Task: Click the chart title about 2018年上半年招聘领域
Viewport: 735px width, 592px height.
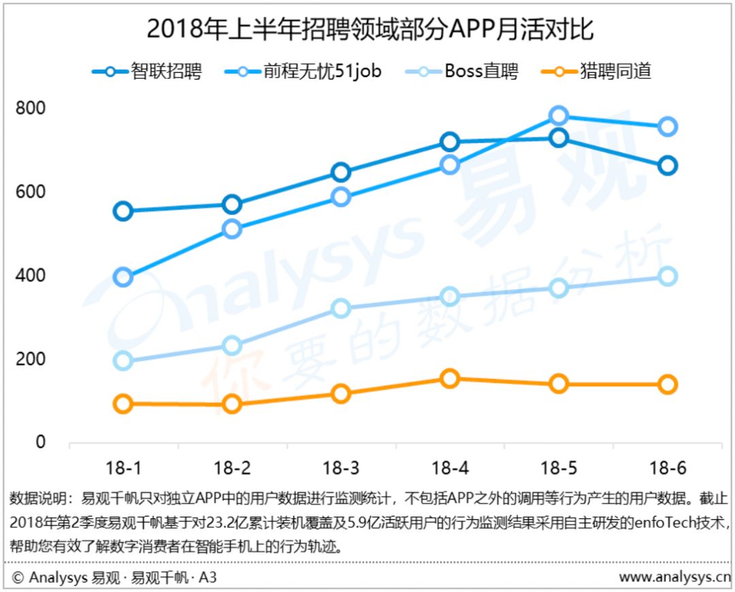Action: pyautogui.click(x=370, y=29)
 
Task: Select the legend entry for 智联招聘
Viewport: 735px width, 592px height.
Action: pyautogui.click(x=147, y=71)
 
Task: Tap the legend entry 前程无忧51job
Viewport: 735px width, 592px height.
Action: pyautogui.click(x=304, y=71)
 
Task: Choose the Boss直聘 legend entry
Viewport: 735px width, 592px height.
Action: pyautogui.click(x=461, y=71)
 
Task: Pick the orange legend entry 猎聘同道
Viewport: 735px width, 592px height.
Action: pyautogui.click(x=596, y=71)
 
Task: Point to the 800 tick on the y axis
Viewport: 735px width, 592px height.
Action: pyautogui.click(x=31, y=108)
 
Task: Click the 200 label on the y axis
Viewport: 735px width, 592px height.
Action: pyautogui.click(x=31, y=359)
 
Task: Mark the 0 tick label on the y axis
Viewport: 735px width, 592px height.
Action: pyautogui.click(x=41, y=442)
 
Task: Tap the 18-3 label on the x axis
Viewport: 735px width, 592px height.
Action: pyautogui.click(x=341, y=467)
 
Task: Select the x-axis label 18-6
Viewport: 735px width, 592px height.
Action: pyautogui.click(x=668, y=467)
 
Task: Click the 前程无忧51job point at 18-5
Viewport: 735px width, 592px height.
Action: pyautogui.click(x=559, y=115)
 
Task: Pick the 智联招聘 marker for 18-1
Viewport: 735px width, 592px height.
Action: pyautogui.click(x=122, y=212)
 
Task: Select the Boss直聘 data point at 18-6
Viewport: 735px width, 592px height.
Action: pyautogui.click(x=668, y=276)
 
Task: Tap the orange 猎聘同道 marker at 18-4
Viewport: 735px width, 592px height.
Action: pyautogui.click(x=450, y=378)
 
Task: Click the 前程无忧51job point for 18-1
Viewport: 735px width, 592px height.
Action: pyautogui.click(x=122, y=277)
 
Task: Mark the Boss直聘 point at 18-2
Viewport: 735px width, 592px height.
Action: pyautogui.click(x=232, y=346)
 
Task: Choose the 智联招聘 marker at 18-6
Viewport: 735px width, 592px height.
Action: pyautogui.click(x=668, y=165)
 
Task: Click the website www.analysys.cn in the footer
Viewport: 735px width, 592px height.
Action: pyautogui.click(x=674, y=577)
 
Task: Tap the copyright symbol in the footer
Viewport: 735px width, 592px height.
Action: pyautogui.click(x=18, y=578)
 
